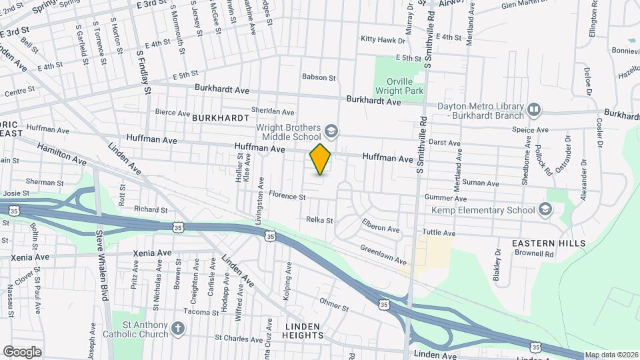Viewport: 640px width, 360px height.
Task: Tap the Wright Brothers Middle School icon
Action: (331, 129)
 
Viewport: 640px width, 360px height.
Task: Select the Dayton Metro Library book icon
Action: (533, 109)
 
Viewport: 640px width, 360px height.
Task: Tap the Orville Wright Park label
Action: (400, 85)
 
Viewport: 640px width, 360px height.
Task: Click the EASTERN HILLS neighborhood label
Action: (549, 243)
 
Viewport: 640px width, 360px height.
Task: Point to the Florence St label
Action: (287, 197)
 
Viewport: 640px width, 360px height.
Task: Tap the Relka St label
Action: (319, 219)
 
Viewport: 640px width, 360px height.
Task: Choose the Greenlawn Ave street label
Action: (383, 255)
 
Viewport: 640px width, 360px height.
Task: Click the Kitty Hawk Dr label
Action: (383, 40)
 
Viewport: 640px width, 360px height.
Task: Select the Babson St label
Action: (318, 77)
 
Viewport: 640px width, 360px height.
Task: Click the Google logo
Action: (22, 352)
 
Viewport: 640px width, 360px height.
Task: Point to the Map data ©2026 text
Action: (611, 355)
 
